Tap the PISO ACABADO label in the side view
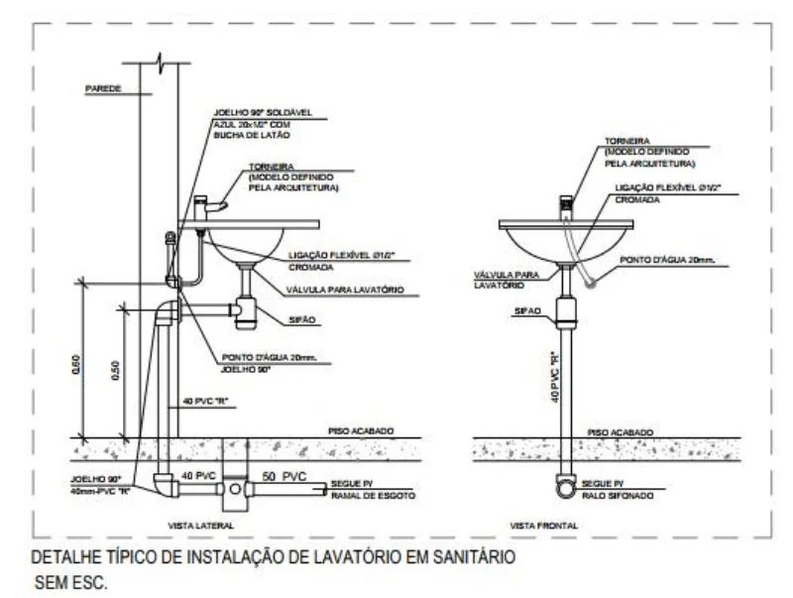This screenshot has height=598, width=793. click(361, 432)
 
